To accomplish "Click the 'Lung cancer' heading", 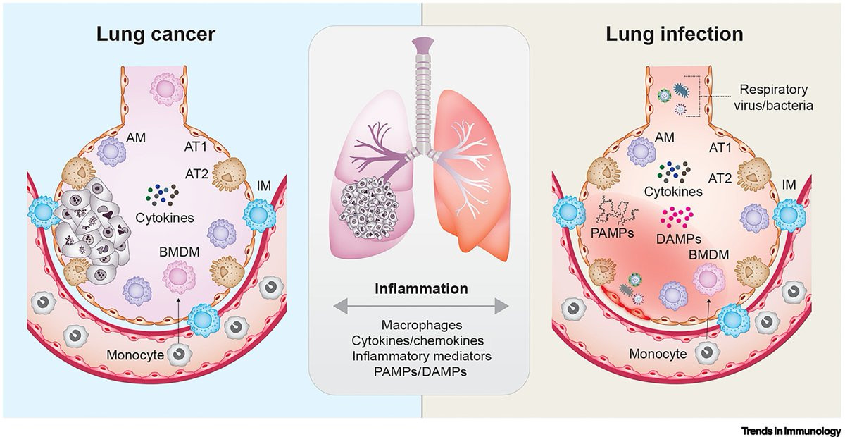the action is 156,35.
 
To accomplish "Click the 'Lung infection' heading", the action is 675,35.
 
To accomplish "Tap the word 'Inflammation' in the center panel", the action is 421,288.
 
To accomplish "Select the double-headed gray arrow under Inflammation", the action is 421,306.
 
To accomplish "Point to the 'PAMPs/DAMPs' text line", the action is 420,371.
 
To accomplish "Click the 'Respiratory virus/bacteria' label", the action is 773,97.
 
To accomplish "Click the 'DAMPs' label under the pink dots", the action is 679,239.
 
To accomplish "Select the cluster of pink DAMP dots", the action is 677,217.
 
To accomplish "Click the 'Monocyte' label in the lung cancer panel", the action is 135,355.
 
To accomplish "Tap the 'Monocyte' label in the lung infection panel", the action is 658,354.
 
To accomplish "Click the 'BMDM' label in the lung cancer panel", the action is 179,252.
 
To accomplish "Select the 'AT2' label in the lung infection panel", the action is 720,178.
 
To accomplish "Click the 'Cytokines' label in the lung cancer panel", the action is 165,218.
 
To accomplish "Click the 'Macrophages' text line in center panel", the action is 421,325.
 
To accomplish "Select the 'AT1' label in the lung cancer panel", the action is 196,147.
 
